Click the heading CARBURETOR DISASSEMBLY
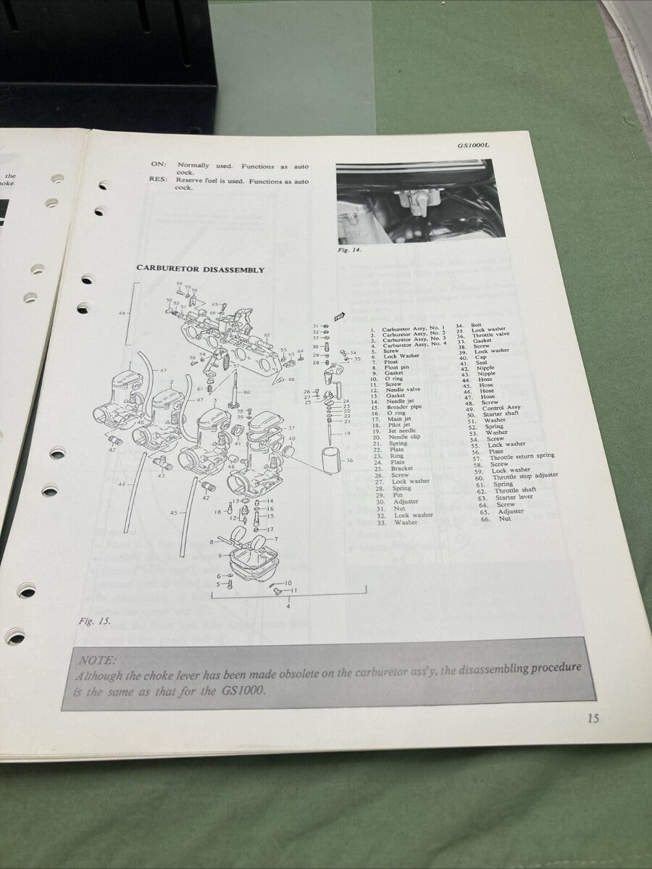[201, 269]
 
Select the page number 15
[593, 718]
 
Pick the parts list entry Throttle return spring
[522, 456]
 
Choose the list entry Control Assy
[503, 408]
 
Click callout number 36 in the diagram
[350, 460]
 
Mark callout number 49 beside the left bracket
[122, 313]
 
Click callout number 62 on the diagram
[267, 335]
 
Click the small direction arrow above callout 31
[339, 315]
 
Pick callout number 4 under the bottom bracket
[288, 605]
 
